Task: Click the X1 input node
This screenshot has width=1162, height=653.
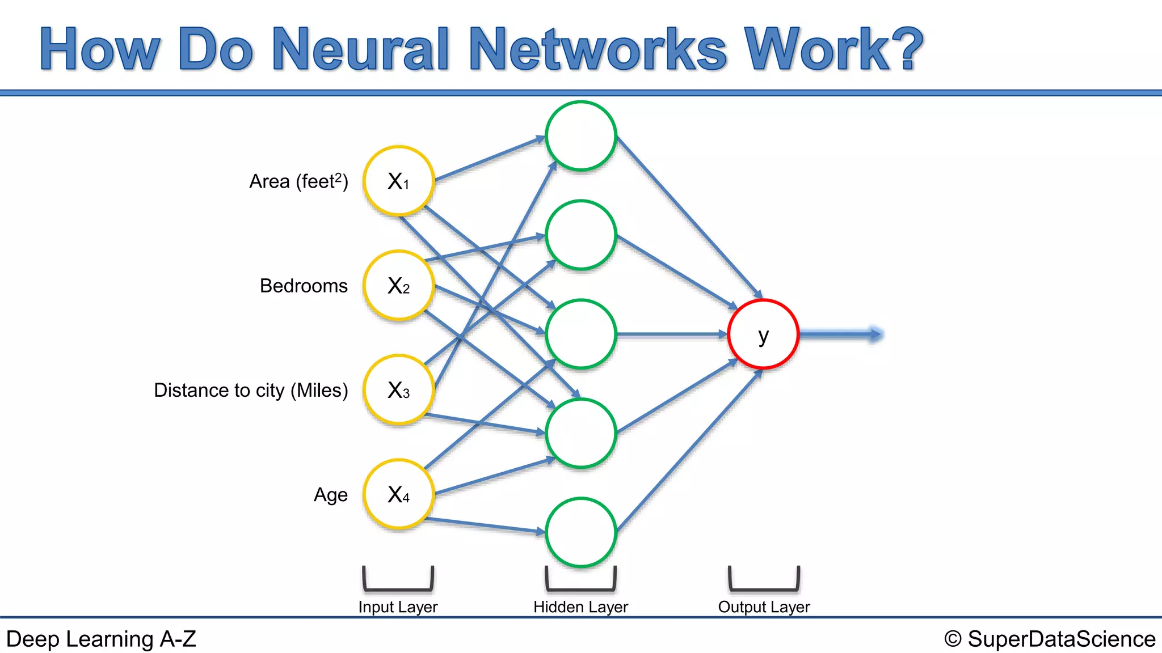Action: pyautogui.click(x=399, y=181)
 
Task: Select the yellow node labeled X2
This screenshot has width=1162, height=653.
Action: pyautogui.click(x=399, y=286)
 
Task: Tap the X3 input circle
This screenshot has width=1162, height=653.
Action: pyautogui.click(x=399, y=390)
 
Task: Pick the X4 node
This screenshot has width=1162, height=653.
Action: pyautogui.click(x=399, y=494)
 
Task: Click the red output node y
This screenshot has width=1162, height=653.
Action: pyautogui.click(x=763, y=334)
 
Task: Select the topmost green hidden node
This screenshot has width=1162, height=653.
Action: pyautogui.click(x=580, y=136)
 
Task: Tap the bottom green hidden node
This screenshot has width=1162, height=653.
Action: pyautogui.click(x=580, y=532)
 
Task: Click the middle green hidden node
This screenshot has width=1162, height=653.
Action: pyautogui.click(x=580, y=334)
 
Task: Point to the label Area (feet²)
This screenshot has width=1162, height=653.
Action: pyautogui.click(x=298, y=181)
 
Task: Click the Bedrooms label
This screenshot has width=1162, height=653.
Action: pyautogui.click(x=304, y=286)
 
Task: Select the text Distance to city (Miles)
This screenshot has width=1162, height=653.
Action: pyautogui.click(x=251, y=390)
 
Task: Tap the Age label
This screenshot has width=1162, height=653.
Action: pyautogui.click(x=331, y=495)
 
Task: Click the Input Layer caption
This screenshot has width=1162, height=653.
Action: pyautogui.click(x=398, y=607)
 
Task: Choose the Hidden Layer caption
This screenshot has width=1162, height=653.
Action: pyautogui.click(x=580, y=607)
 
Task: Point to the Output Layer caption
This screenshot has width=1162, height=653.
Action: pyautogui.click(x=764, y=607)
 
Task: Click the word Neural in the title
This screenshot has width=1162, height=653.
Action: pyautogui.click(x=361, y=49)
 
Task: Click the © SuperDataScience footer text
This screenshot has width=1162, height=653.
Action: pyautogui.click(x=1050, y=639)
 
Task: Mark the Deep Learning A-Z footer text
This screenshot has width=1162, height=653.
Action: pyautogui.click(x=101, y=639)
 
